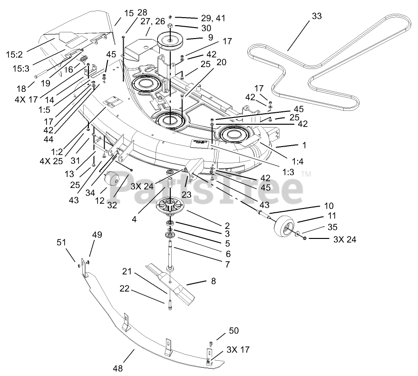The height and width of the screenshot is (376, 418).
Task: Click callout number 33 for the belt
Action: click(x=317, y=16)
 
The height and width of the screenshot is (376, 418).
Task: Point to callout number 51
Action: click(x=61, y=243)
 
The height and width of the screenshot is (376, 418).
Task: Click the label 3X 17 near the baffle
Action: click(x=238, y=349)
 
